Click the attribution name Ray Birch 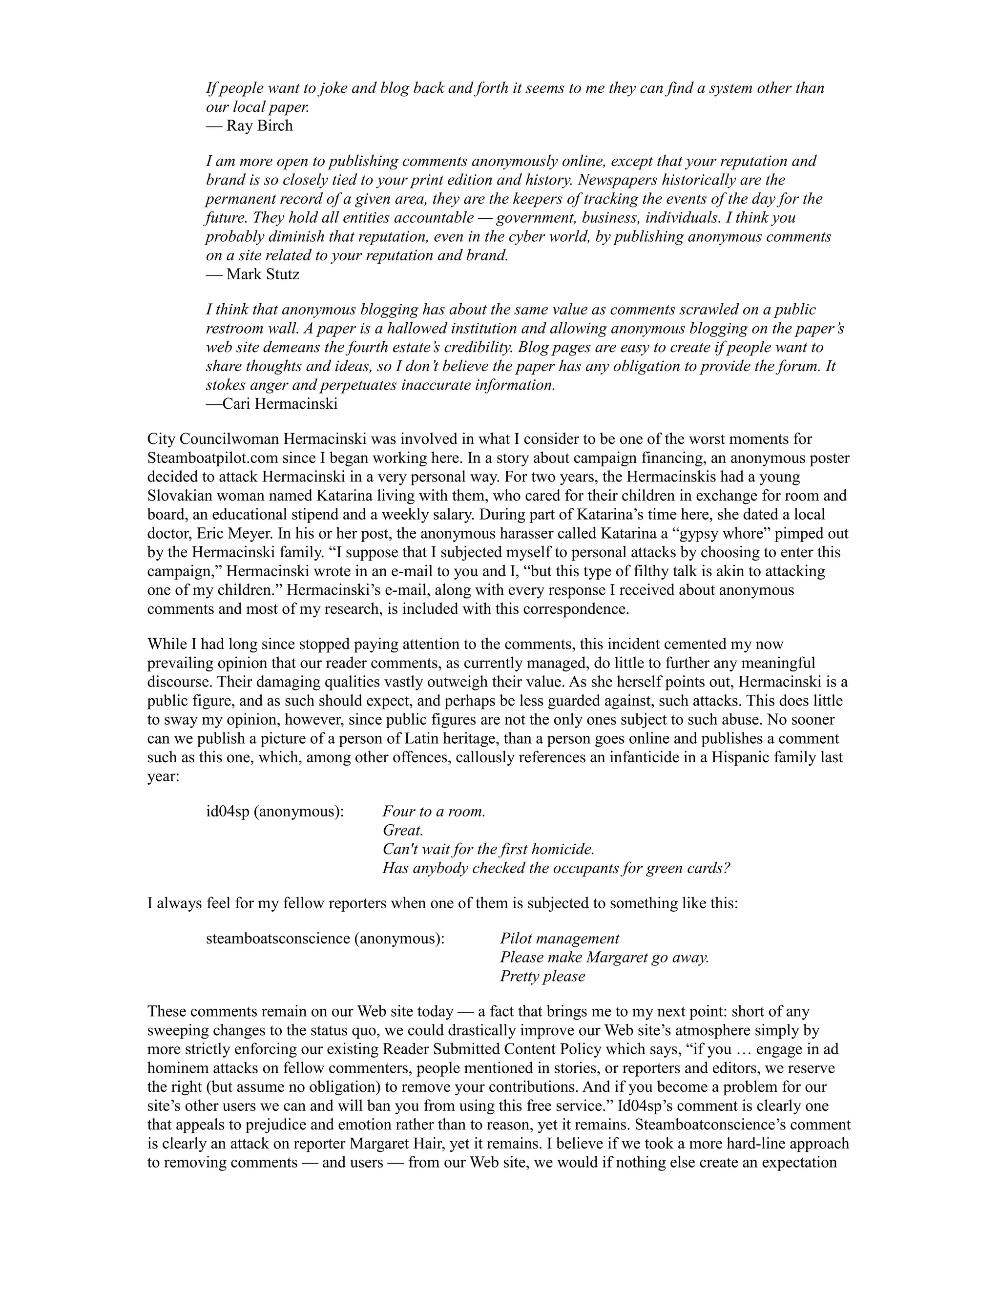[x=259, y=125]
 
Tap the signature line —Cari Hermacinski [x=272, y=404]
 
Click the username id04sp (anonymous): [x=275, y=811]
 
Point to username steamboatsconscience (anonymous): [x=325, y=939]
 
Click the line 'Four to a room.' [x=434, y=811]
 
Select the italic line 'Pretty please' [x=542, y=977]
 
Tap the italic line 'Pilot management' [x=559, y=939]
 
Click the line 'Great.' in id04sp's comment [x=403, y=830]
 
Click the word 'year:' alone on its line [x=164, y=776]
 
